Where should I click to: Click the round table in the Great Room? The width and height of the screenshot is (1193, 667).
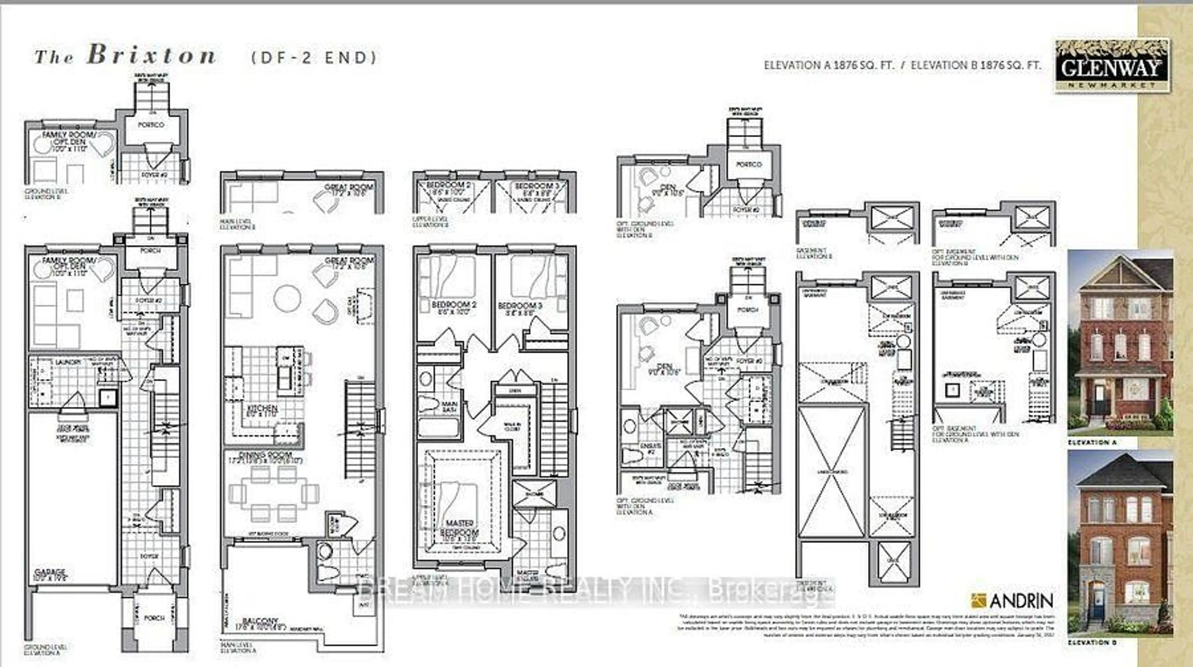(287, 298)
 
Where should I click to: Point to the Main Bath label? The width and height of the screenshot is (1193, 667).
(450, 407)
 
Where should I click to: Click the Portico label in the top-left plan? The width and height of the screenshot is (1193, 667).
(151, 125)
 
